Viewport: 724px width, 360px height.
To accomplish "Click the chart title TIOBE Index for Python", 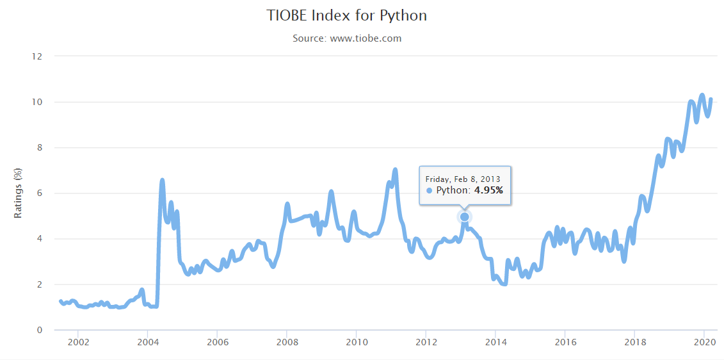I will [346, 15].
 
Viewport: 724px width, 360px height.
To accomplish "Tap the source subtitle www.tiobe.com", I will [347, 38].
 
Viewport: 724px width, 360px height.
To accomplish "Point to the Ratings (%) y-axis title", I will [19, 192].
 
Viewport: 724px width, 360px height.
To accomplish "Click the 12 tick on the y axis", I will [37, 56].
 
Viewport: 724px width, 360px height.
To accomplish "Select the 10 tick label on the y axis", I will [37, 102].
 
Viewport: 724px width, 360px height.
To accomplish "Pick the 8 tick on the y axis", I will [39, 147].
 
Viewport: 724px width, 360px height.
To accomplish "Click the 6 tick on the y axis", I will [39, 193].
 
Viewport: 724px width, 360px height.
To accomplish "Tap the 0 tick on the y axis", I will [39, 330].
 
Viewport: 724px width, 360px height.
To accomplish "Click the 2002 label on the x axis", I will [77, 342].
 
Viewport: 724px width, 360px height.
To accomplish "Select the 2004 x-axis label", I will [147, 342].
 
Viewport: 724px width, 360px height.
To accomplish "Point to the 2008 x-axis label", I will [287, 342].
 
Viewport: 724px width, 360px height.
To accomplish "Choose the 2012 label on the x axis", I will [426, 342].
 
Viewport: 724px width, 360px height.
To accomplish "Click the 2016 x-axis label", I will [565, 342].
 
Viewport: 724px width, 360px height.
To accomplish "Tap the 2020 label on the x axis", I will [704, 342].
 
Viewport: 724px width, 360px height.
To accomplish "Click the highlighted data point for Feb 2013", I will [465, 217].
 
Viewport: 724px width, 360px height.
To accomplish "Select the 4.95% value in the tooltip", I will [488, 190].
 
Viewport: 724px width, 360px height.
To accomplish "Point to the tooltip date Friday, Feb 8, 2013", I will [463, 179].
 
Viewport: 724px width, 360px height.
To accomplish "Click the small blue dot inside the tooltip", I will [429, 191].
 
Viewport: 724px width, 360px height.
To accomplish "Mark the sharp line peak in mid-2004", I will [162, 181].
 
